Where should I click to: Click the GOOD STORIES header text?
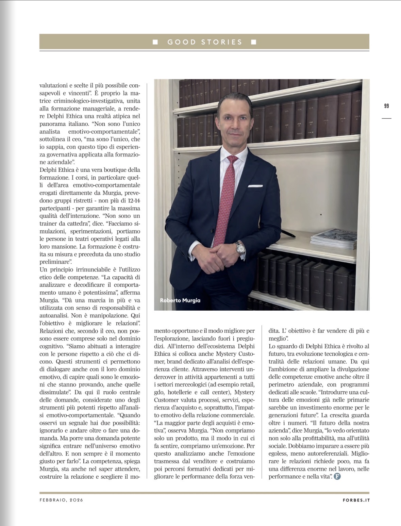pyautogui.click(x=204, y=42)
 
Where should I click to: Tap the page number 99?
pyautogui.click(x=386, y=106)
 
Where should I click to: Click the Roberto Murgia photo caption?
pyautogui.click(x=180, y=300)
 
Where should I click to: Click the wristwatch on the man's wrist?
pyautogui.click(x=240, y=248)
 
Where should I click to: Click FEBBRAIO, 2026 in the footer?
pyautogui.click(x=61, y=500)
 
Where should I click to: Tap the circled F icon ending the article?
pyautogui.click(x=337, y=476)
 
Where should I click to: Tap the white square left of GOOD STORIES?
pyautogui.click(x=155, y=42)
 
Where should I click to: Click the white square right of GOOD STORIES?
pyautogui.click(x=253, y=42)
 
